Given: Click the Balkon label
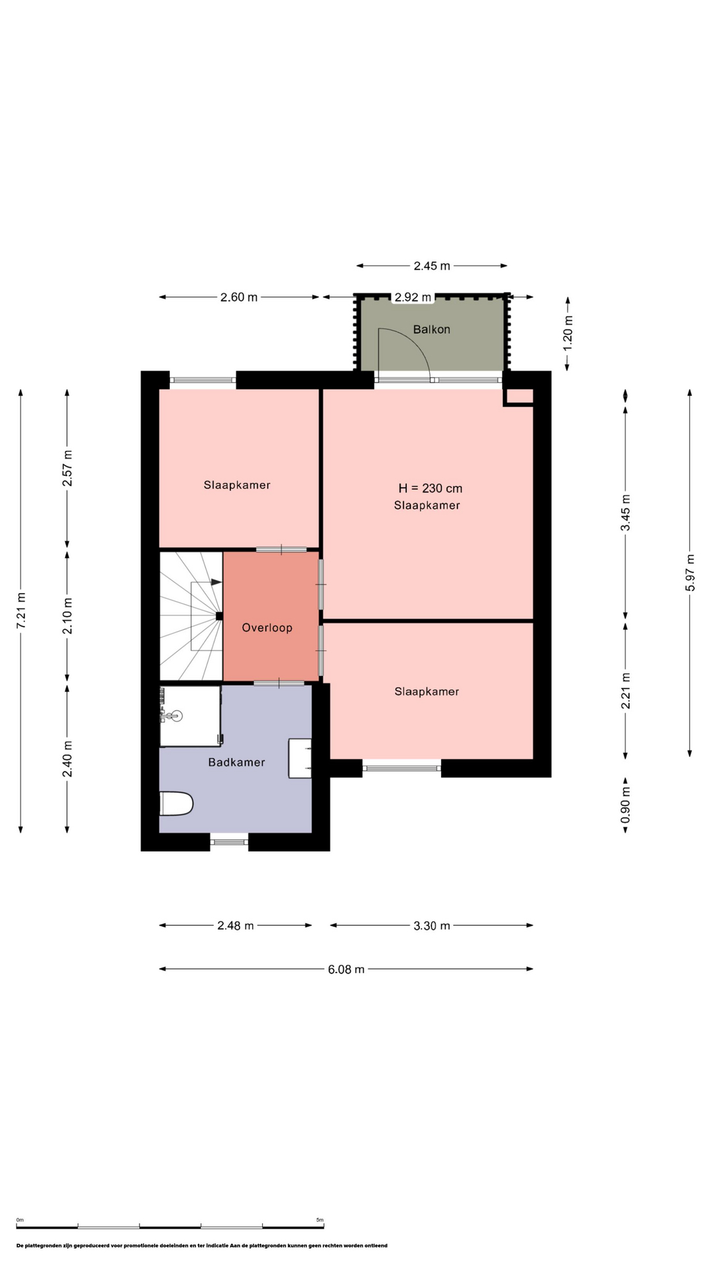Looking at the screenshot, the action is click(431, 329).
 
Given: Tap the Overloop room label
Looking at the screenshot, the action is click(267, 628).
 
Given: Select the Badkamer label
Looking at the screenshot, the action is click(236, 762).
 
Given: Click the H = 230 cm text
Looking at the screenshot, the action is click(431, 488).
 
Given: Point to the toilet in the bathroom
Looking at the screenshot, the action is click(176, 804).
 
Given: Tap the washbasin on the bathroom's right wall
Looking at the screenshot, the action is click(300, 758).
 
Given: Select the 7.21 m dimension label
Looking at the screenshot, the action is click(21, 610).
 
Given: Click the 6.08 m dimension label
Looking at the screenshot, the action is click(346, 969).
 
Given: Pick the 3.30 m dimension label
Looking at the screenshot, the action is click(432, 926).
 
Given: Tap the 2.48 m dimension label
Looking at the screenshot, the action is click(236, 926).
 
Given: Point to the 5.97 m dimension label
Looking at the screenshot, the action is click(690, 573).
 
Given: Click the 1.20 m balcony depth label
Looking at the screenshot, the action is click(568, 332).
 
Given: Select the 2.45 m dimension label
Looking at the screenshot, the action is click(432, 266).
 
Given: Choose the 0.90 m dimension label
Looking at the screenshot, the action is click(625, 804).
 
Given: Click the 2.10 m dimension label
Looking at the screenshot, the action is click(67, 616).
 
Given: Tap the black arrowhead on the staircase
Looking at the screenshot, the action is click(216, 582).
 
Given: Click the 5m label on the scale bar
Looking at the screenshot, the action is click(320, 1220).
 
